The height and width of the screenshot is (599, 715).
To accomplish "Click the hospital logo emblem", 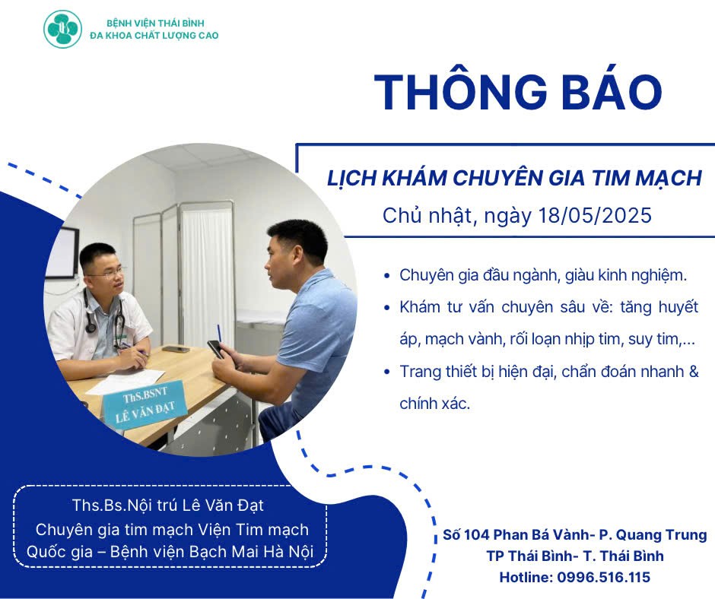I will [62, 30].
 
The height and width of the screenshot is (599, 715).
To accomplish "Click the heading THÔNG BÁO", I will [518, 91].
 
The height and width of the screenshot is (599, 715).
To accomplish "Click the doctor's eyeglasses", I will [105, 271].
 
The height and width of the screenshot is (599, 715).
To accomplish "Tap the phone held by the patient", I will [215, 349].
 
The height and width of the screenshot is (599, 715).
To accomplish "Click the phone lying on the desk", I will [176, 349].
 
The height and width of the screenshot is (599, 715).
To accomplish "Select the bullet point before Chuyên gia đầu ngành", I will [389, 275].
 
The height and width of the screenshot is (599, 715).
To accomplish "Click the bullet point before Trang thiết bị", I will [389, 372].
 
